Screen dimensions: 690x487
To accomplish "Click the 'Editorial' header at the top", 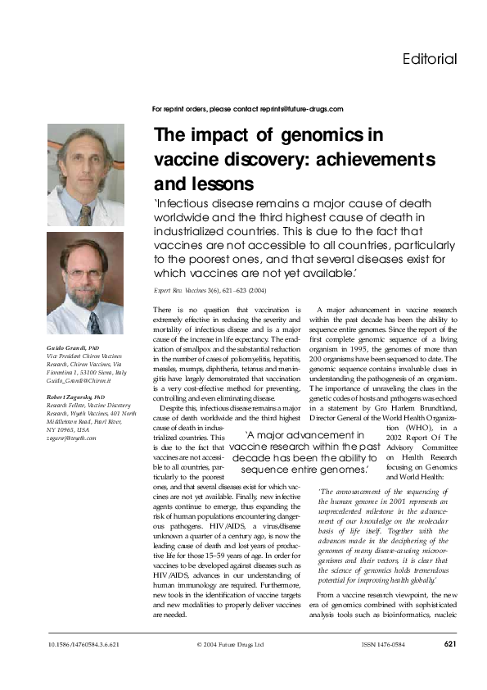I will point(430,59).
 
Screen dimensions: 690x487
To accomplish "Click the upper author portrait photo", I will point(86,175).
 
